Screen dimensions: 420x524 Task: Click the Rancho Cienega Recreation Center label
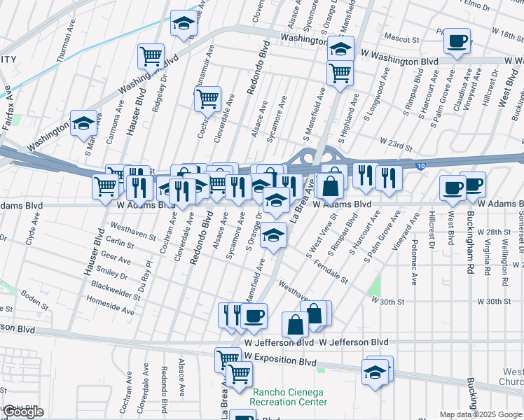(289, 397)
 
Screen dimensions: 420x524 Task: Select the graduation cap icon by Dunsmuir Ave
(184, 24)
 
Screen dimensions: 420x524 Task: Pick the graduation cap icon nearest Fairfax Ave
(83, 123)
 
